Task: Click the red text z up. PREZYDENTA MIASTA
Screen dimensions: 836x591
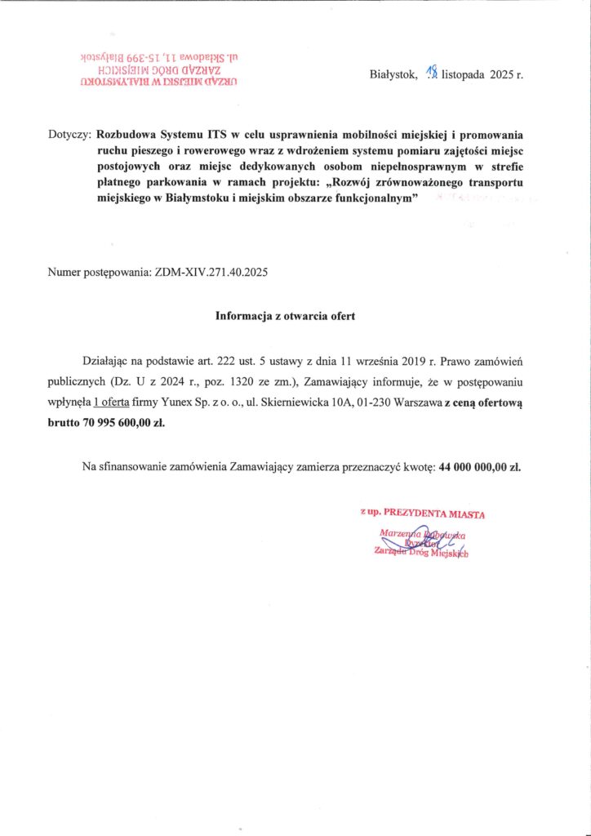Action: click(x=423, y=514)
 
